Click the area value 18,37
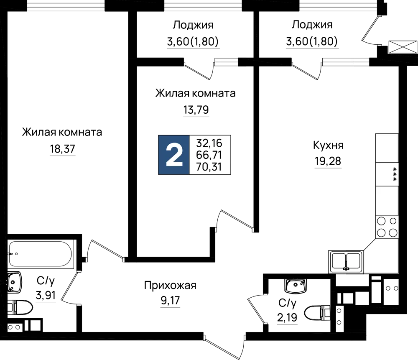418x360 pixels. (63, 149)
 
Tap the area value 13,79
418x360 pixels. (196, 110)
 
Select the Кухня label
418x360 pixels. (328, 146)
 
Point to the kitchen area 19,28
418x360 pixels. (328, 161)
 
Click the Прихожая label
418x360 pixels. (170, 286)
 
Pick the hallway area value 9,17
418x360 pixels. (171, 301)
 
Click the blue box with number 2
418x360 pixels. (174, 155)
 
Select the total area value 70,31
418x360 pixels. (209, 167)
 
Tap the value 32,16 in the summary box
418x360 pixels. (209, 143)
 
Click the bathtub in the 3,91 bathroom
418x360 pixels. (41, 254)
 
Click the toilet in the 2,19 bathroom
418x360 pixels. (317, 314)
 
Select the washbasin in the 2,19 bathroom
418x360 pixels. (296, 286)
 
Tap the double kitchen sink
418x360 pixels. (346, 262)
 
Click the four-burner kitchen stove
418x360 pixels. (387, 227)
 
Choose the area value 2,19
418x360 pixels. (287, 318)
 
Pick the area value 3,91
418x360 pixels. (46, 296)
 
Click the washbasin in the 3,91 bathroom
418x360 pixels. (14, 282)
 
